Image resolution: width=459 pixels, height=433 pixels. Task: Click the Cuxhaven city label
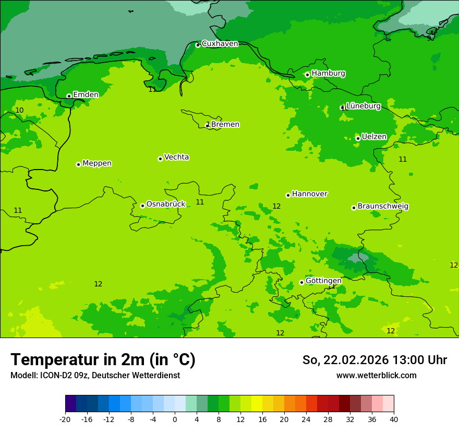[x=220, y=44]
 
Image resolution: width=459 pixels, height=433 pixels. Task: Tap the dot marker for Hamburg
[x=307, y=75]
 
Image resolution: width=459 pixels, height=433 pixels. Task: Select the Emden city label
[x=86, y=95]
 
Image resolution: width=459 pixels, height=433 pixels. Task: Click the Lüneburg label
[x=363, y=106]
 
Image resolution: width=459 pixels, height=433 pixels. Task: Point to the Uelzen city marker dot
[x=358, y=138]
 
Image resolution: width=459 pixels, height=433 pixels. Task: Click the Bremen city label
[x=225, y=125]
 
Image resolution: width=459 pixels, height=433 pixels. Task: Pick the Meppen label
[x=97, y=163]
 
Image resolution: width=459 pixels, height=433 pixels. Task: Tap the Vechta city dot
[x=160, y=159]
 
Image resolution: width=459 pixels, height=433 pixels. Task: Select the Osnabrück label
[x=166, y=205]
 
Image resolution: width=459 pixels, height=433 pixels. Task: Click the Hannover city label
[x=309, y=194]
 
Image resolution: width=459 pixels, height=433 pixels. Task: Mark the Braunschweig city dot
[x=354, y=208]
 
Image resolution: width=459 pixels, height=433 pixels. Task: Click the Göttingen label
[x=323, y=281]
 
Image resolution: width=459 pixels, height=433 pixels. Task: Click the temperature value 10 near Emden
[x=19, y=110]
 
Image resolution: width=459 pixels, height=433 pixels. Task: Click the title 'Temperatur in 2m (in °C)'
[x=103, y=359]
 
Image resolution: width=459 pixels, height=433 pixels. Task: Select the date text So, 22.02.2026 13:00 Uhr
[x=375, y=360]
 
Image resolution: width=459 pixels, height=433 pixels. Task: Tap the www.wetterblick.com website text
[x=376, y=376]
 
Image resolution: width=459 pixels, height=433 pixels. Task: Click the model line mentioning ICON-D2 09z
[x=95, y=376]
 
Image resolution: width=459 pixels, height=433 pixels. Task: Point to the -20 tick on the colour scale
[x=65, y=419]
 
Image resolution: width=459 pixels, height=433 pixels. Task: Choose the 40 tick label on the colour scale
[x=394, y=419]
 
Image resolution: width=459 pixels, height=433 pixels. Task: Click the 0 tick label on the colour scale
[x=175, y=419]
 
